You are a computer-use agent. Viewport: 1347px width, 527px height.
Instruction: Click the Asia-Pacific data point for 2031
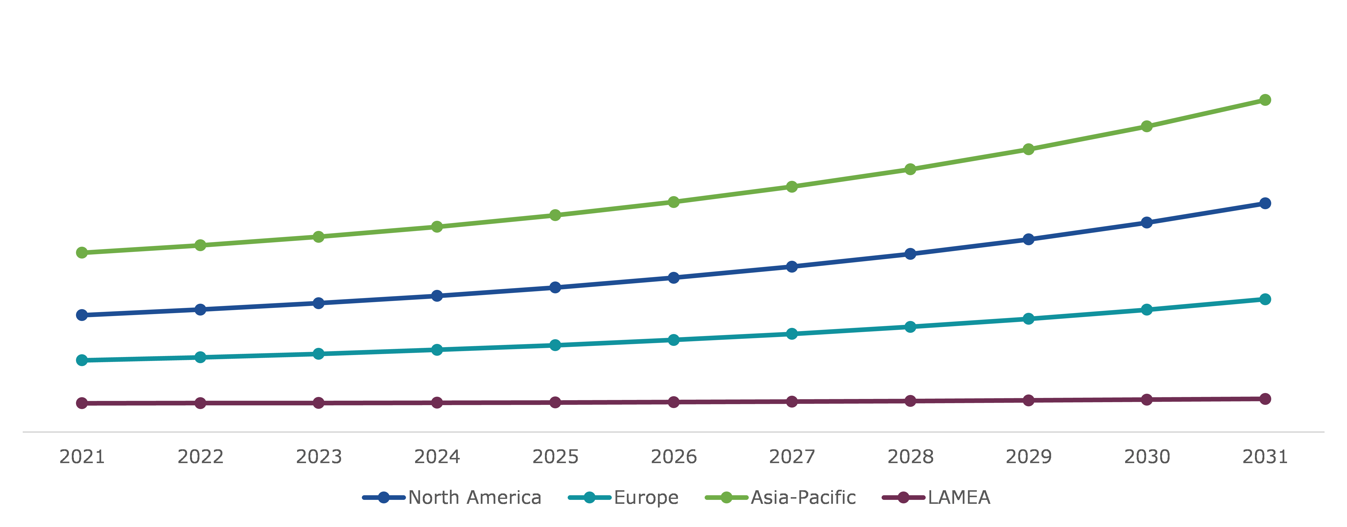(1265, 100)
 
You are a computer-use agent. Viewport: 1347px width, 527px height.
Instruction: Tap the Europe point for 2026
(673, 340)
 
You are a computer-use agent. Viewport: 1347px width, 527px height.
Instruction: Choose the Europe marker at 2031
(1265, 299)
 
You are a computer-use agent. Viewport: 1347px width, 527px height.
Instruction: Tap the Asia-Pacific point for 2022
(200, 245)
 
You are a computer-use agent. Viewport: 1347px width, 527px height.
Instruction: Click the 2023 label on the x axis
(318, 457)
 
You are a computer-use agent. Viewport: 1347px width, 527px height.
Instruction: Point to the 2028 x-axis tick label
(910, 457)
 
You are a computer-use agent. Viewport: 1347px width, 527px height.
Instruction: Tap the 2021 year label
(82, 457)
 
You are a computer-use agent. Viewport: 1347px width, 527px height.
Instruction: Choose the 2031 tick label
(1265, 457)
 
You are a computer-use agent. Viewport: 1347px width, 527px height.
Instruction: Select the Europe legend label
(646, 497)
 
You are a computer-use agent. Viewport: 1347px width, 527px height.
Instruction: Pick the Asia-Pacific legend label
(803, 497)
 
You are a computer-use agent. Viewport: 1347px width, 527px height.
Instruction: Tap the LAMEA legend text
(959, 497)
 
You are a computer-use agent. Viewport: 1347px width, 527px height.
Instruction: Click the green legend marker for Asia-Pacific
(726, 497)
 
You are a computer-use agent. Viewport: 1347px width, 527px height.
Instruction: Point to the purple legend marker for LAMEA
(903, 497)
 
